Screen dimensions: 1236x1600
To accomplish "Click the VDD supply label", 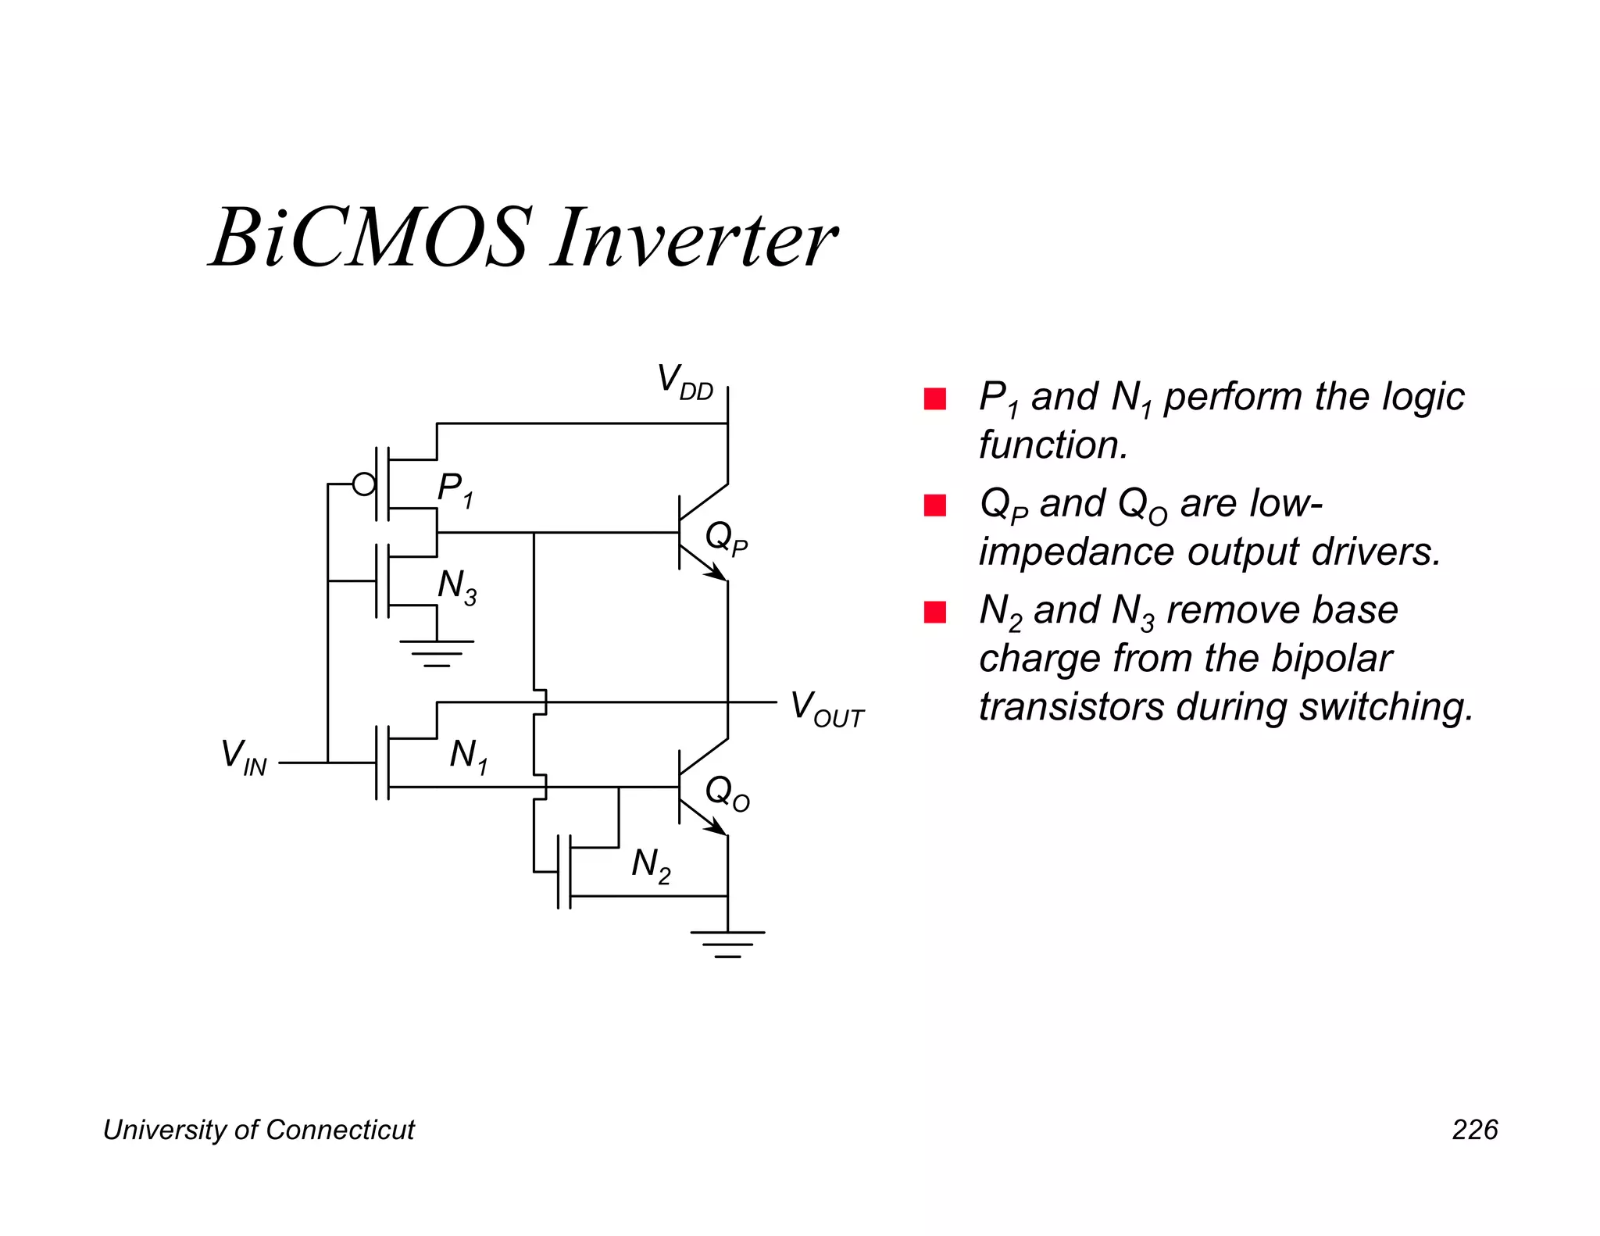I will pyautogui.click(x=684, y=383).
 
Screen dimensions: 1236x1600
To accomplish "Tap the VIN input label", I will pyautogui.click(x=244, y=758).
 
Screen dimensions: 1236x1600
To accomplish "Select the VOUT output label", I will pyautogui.click(x=827, y=709).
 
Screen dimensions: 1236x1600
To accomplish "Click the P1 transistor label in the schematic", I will pyautogui.click(x=455, y=490).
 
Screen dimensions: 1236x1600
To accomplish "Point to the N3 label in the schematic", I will pyautogui.click(x=457, y=587).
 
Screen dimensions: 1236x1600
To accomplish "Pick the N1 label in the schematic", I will pyautogui.click(x=469, y=757).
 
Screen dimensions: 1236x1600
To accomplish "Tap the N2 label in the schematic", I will pyautogui.click(x=651, y=866).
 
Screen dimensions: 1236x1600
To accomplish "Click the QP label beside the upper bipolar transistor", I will pyautogui.click(x=727, y=538).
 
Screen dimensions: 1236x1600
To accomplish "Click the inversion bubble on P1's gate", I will pyautogui.click(x=364, y=484).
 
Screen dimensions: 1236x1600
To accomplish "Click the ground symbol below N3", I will pyautogui.click(x=437, y=652).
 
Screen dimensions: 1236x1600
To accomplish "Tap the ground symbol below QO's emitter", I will pyautogui.click(x=727, y=944).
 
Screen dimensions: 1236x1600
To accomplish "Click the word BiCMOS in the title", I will pyautogui.click(x=372, y=238).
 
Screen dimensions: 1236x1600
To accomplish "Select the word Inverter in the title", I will pyautogui.click(x=695, y=238).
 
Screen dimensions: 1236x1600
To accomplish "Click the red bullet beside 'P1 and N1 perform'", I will pyautogui.click(x=935, y=399).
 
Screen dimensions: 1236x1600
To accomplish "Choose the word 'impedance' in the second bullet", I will pyautogui.click(x=1077, y=552).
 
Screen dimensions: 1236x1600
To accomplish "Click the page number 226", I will pyautogui.click(x=1474, y=1130).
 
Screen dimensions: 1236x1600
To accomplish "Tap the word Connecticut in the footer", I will pyautogui.click(x=340, y=1130).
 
